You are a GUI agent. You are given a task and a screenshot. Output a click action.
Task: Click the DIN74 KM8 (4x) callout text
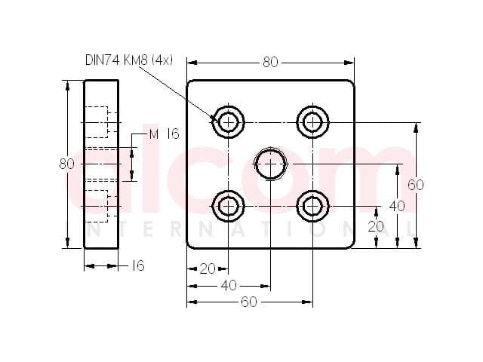point(129,60)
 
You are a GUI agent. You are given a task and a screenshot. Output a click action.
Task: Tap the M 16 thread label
point(164,134)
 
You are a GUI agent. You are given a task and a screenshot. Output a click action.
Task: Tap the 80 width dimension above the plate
point(270,63)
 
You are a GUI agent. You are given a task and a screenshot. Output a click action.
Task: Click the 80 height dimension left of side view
point(66,164)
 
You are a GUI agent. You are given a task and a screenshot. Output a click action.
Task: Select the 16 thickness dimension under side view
point(137,265)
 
